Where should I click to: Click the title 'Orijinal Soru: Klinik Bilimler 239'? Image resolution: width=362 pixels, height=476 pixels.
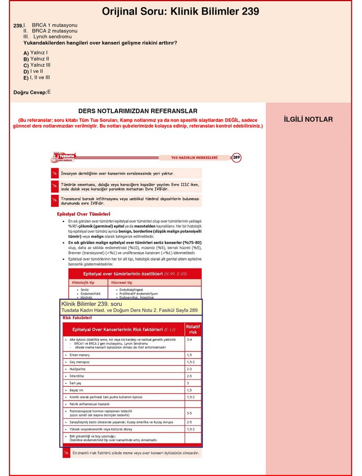tap(180, 12)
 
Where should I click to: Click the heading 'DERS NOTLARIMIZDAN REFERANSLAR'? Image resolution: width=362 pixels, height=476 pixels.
tap(137, 111)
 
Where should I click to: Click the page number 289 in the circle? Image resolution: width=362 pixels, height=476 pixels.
tap(237, 157)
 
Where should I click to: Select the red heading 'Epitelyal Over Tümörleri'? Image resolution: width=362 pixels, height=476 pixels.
tap(83, 214)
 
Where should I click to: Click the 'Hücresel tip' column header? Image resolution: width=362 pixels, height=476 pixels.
tap(122, 283)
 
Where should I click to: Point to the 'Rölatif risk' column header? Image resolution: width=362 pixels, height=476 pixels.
tap(193, 329)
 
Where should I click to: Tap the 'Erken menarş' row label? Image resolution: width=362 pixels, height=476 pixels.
tap(81, 355)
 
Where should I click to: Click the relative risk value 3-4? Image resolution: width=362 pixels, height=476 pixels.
tap(189, 340)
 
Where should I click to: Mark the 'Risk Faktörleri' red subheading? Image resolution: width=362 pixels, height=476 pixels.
tap(77, 318)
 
